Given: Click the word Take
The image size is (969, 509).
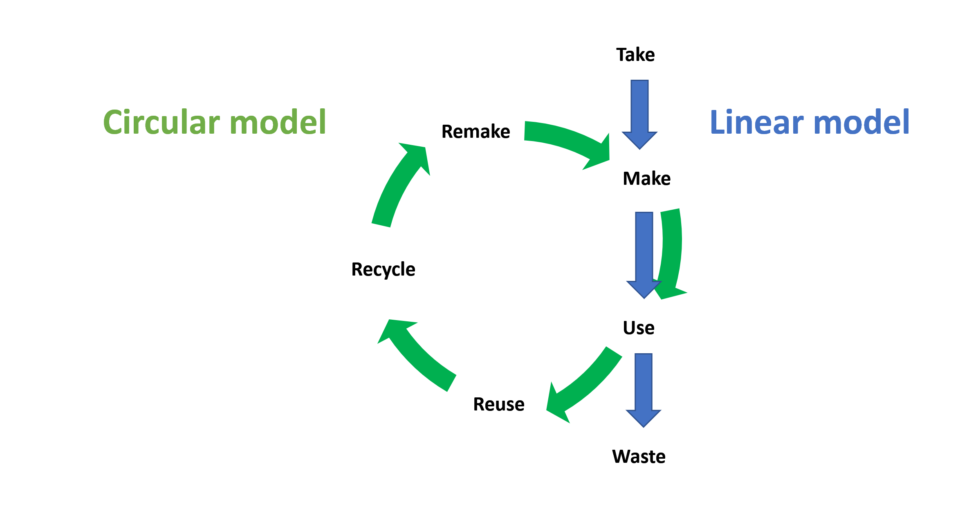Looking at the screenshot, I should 635,55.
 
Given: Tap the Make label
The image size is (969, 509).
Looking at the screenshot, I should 646,179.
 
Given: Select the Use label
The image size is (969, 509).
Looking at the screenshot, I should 639,328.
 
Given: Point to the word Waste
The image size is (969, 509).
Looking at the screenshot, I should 639,457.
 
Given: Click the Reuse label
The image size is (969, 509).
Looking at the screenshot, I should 499,404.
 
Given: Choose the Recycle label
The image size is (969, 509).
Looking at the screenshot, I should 383,269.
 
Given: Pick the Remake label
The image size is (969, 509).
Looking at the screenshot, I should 476,132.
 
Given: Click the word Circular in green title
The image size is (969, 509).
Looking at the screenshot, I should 162,122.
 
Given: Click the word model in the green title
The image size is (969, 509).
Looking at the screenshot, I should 278,122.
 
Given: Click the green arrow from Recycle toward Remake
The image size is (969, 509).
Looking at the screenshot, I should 399,184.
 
